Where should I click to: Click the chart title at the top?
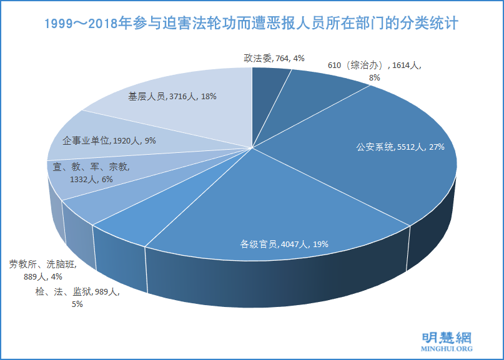252,24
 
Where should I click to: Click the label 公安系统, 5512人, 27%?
400,147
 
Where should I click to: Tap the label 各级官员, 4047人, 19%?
284,244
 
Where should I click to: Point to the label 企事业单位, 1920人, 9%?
109,140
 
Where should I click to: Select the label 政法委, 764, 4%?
274,58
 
